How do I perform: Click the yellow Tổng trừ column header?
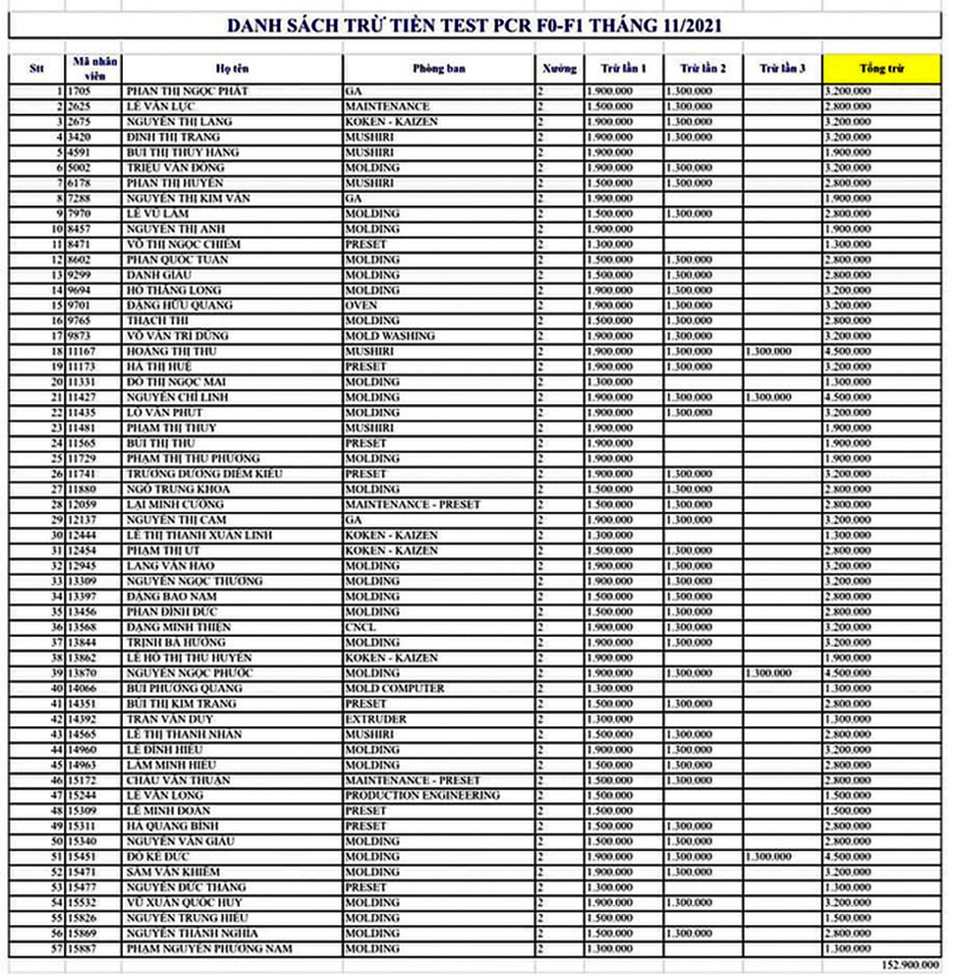click(x=881, y=69)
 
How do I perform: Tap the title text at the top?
click(x=477, y=25)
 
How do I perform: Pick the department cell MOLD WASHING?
click(x=390, y=336)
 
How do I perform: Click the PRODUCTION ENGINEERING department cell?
click(x=422, y=795)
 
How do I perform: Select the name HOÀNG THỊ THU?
click(x=171, y=351)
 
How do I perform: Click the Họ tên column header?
click(x=233, y=69)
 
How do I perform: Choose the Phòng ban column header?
click(x=439, y=69)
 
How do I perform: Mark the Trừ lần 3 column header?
click(x=782, y=69)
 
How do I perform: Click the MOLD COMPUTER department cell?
click(x=394, y=688)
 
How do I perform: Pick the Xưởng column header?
click(x=559, y=69)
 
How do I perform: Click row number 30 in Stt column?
click(x=57, y=535)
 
